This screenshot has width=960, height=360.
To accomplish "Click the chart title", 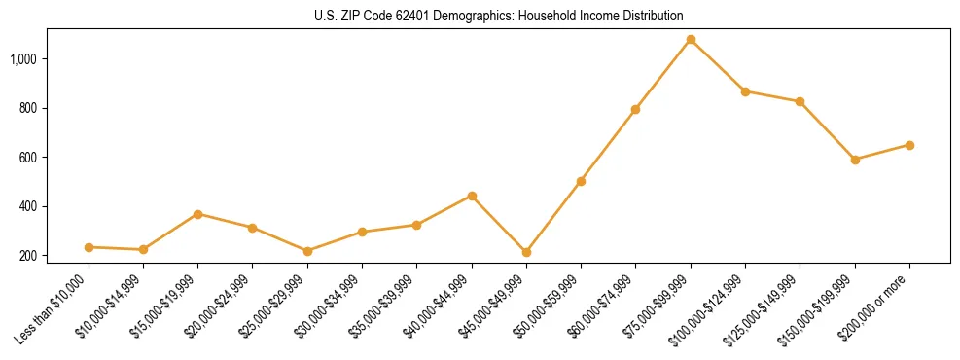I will (x=499, y=16).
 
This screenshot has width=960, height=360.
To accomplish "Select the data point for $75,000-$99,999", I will (x=691, y=40).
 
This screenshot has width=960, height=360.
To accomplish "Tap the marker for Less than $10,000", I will (x=89, y=247).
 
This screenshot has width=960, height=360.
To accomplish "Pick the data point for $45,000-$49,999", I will (x=526, y=252).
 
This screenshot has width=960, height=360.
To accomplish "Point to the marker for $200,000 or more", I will (x=909, y=145).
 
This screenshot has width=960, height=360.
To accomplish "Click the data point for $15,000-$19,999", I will (x=197, y=214).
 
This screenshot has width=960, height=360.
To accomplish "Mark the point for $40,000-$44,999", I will (x=472, y=196).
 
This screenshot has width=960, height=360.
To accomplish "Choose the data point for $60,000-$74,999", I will (x=635, y=109).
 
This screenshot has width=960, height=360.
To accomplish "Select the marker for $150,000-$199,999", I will (x=855, y=160).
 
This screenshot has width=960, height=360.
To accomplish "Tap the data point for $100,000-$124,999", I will (x=745, y=91).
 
